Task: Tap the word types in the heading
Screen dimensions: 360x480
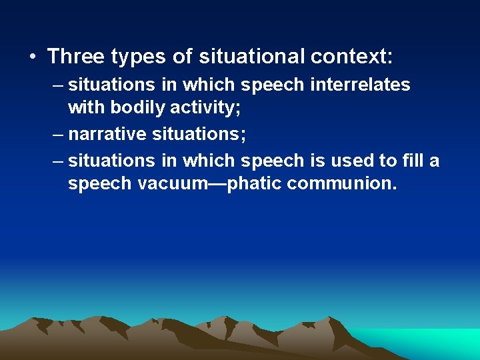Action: coord(141,57)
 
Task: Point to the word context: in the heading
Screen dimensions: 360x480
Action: coord(352,57)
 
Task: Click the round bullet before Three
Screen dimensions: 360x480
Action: coord(33,57)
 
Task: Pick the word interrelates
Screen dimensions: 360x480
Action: coord(367,85)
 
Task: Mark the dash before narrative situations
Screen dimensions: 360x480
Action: coord(59,134)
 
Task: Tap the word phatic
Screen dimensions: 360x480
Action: coord(255,183)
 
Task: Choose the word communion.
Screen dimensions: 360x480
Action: coord(341,183)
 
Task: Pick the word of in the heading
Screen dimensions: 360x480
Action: coord(182,57)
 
